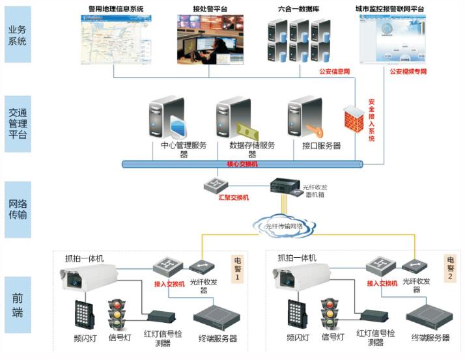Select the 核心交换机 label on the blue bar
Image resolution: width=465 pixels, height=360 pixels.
coord(242,165)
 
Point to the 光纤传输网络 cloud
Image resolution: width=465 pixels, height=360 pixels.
coord(284,225)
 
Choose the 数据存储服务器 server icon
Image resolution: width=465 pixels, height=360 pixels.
coord(236,118)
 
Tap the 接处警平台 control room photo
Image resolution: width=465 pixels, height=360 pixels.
coord(205,40)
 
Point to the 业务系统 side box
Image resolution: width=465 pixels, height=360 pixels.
coord(18,34)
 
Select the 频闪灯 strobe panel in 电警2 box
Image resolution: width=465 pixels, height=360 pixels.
coord(296,314)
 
